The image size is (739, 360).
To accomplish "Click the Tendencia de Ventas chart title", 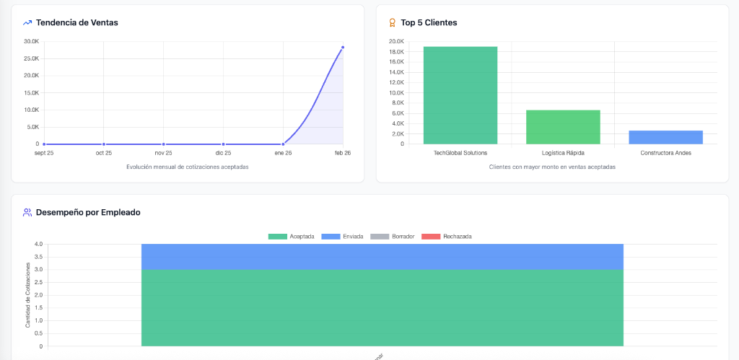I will pos(76,22).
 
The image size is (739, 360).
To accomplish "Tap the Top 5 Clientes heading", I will pos(429,22).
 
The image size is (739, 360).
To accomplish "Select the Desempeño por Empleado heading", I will pos(88,212).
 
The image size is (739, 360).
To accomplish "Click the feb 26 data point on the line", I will pos(343,48).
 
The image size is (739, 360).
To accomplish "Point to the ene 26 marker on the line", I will pos(283,144).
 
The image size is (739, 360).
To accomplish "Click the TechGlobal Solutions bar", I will pos(460,95).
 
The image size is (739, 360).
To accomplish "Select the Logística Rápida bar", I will pos(563,127).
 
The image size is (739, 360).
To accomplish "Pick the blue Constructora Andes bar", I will pos(665,137).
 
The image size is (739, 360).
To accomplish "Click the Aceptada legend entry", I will pos(291,237).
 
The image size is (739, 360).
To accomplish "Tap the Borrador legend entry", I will pos(392,237).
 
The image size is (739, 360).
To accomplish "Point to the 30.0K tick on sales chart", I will pos(31,41).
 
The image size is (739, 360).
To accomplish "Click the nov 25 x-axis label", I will pos(163,153).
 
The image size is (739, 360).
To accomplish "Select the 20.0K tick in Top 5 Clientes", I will pos(395,41).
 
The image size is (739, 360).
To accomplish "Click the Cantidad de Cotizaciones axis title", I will pos(28,295).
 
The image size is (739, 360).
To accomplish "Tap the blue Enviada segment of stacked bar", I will pos(382,256).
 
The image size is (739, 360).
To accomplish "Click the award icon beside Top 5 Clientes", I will pos(392,22).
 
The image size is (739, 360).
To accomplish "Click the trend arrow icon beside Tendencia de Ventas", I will pos(27,22).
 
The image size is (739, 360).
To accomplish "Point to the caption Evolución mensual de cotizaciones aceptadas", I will pos(188,167).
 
